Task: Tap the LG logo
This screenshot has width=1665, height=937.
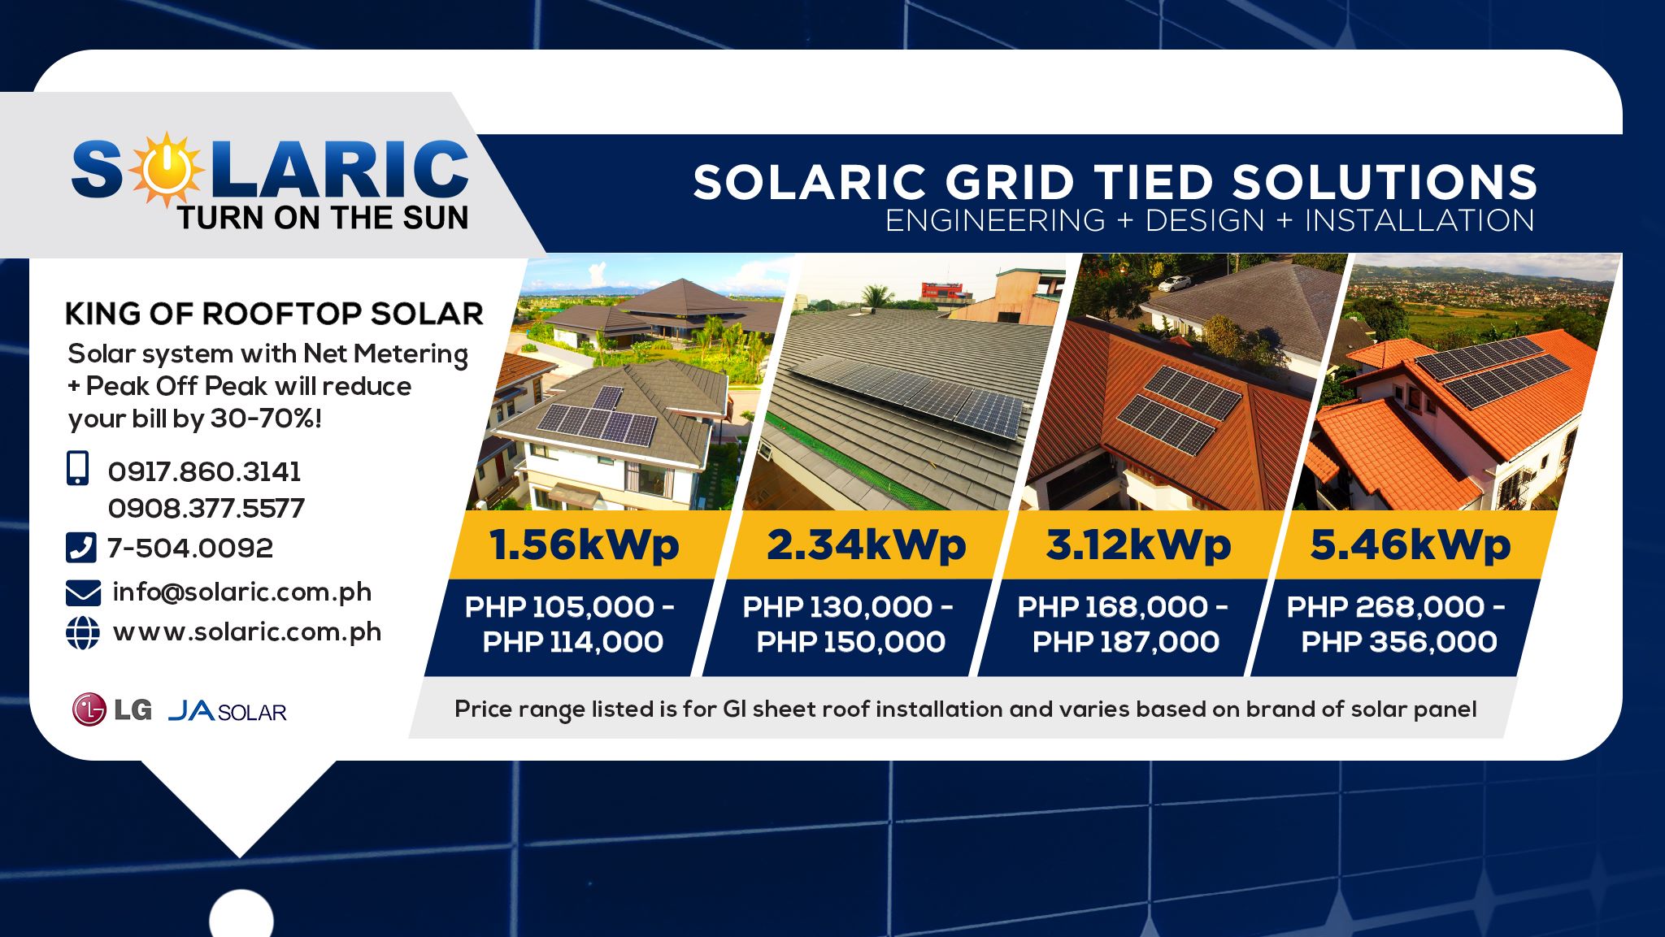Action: click(111, 709)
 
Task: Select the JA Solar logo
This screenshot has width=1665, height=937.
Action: click(228, 711)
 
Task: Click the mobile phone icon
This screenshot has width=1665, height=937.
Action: click(77, 469)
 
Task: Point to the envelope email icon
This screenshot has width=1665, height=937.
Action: click(83, 593)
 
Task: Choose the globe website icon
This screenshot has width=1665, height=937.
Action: click(82, 633)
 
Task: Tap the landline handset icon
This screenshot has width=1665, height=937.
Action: click(80, 548)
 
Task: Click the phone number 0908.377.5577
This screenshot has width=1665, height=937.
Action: click(206, 508)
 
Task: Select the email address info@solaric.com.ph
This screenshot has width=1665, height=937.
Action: click(242, 592)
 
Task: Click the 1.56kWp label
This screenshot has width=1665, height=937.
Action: click(584, 544)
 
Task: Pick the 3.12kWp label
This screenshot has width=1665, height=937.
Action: click(1138, 544)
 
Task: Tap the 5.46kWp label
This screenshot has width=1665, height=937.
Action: click(1411, 544)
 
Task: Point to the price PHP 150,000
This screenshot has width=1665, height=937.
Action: click(851, 642)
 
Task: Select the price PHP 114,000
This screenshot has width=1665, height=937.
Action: click(573, 642)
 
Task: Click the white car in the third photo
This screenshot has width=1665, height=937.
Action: click(1174, 283)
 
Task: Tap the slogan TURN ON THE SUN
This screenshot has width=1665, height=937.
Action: click(323, 218)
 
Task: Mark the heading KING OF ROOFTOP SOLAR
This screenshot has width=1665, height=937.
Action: click(274, 314)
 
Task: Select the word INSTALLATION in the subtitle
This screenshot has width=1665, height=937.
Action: click(1419, 220)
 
